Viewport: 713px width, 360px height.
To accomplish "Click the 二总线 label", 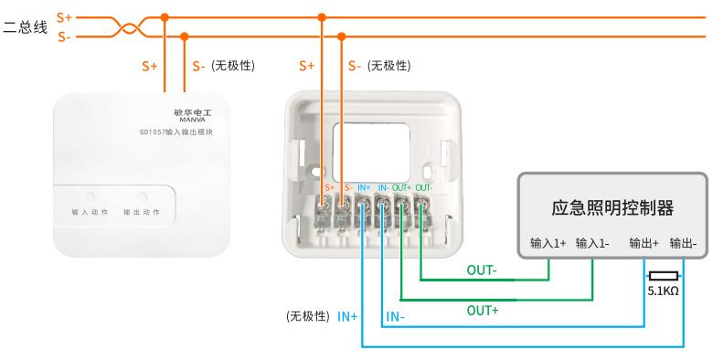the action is [x=25, y=26].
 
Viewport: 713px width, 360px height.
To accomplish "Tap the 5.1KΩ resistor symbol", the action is [x=664, y=275].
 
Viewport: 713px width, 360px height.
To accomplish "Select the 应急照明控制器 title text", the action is [x=612, y=207].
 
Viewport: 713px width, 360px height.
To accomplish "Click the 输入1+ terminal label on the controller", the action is [x=548, y=243].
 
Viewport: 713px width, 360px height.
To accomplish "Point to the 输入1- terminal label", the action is [x=592, y=243].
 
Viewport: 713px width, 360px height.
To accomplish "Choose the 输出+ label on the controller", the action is [x=644, y=243].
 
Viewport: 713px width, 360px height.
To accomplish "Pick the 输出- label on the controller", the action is [x=683, y=243].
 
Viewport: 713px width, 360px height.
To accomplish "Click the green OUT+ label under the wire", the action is [x=483, y=311].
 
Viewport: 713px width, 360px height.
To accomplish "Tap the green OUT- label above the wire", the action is [x=482, y=270].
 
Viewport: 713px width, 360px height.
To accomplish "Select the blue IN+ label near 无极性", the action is [x=347, y=317].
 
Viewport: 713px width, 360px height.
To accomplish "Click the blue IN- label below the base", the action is [x=395, y=317].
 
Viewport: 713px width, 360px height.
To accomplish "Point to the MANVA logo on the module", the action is [x=192, y=120].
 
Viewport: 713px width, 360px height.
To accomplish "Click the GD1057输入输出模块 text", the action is [x=176, y=132].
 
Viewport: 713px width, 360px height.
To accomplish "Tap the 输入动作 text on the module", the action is [x=90, y=212].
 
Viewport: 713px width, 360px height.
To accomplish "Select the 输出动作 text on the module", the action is [x=142, y=212].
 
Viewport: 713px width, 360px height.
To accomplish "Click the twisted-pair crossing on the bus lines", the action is [x=128, y=27].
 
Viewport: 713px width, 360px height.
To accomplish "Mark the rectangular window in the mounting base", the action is [x=371, y=152].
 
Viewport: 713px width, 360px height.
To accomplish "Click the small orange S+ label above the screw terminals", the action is [x=330, y=187].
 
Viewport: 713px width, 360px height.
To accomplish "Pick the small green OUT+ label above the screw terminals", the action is [x=401, y=187].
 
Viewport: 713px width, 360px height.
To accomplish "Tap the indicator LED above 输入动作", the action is [x=90, y=196].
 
